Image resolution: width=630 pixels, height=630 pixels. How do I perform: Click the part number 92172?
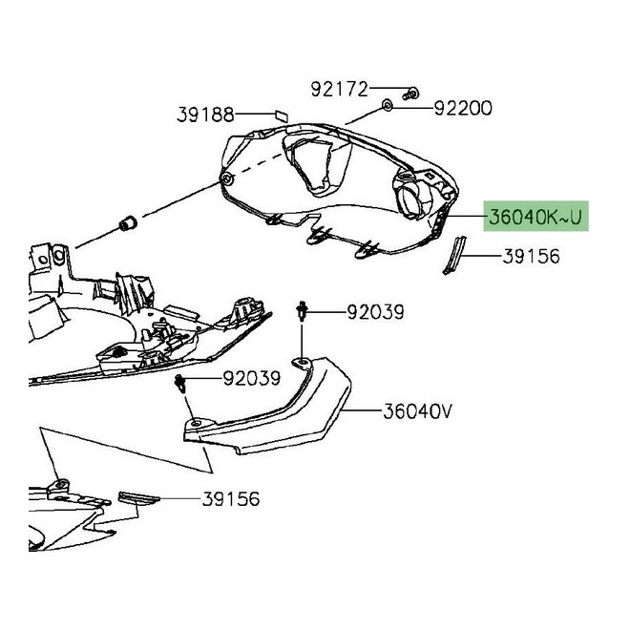[339, 90]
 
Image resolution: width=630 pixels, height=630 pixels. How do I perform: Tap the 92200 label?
[463, 109]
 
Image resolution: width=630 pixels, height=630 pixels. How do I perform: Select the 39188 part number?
[205, 115]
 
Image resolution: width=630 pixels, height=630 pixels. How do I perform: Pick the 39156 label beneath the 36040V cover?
[229, 498]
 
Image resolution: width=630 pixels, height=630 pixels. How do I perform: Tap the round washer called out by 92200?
[388, 103]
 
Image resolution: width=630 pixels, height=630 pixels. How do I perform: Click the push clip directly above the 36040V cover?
[302, 310]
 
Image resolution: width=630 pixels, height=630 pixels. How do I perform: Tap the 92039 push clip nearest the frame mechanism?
[179, 385]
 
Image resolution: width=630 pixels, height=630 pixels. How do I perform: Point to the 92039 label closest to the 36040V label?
[375, 312]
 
